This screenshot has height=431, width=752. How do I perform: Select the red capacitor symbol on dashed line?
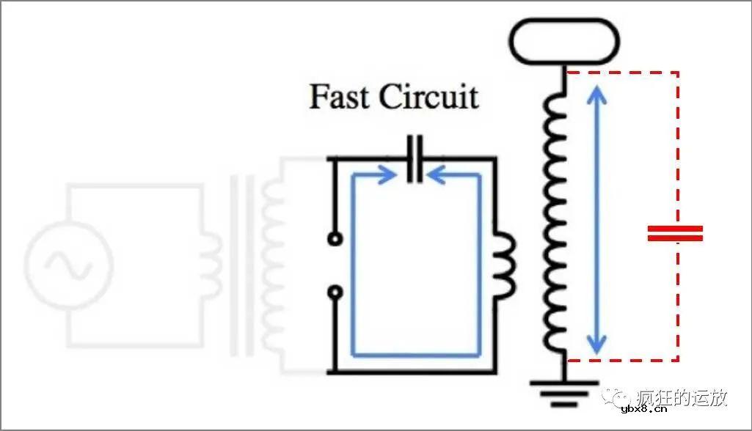675,233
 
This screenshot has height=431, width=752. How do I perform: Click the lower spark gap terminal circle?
335,292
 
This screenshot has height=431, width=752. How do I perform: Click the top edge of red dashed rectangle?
624,73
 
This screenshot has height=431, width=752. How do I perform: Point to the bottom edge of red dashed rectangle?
624,360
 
